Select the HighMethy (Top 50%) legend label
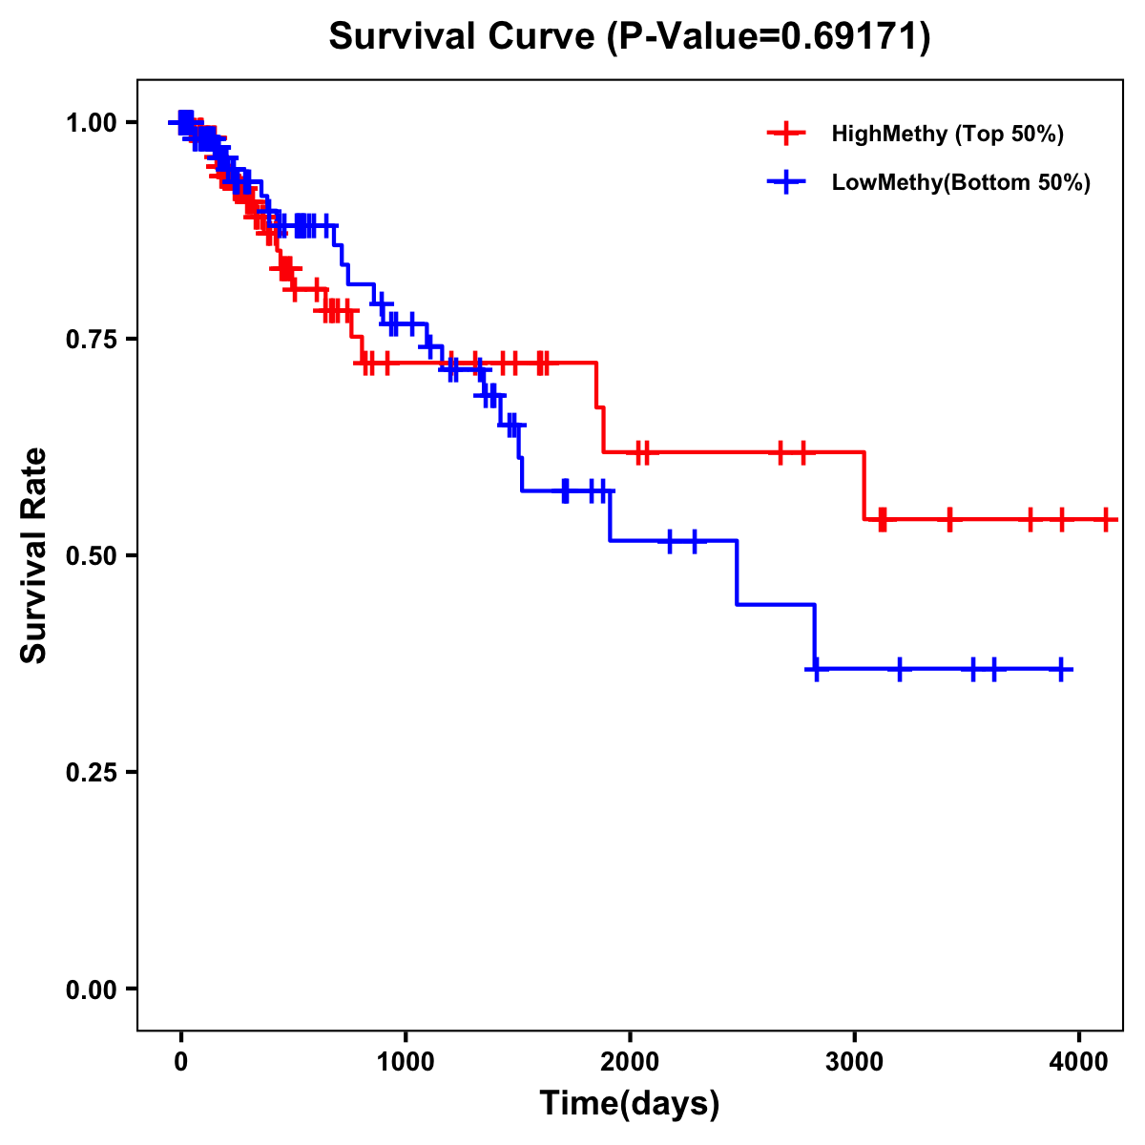pos(947,134)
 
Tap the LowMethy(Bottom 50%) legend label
pos(961,182)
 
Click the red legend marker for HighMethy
pos(786,134)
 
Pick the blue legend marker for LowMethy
pos(786,182)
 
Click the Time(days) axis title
pos(630,1104)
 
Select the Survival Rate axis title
pos(34,555)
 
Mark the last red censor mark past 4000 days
pos(1106,520)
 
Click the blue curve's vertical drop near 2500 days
pos(737,572)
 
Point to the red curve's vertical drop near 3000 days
pos(864,486)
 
